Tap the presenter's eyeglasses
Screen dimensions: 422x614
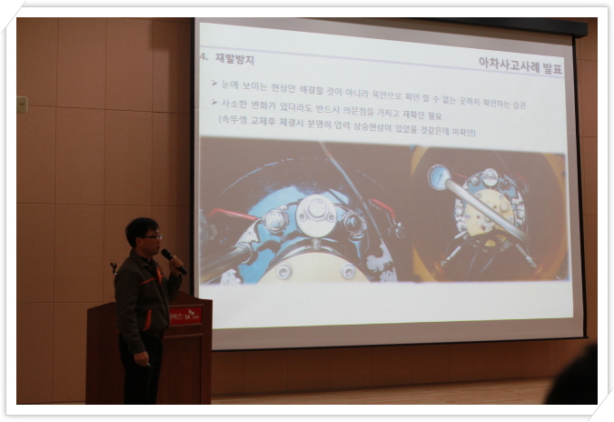[153, 236]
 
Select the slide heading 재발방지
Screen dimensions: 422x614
[234, 59]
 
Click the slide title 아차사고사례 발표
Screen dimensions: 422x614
[520, 65]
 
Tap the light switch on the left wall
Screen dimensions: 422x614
[22, 105]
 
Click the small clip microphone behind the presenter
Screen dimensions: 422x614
[114, 267]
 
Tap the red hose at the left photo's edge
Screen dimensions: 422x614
[233, 215]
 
